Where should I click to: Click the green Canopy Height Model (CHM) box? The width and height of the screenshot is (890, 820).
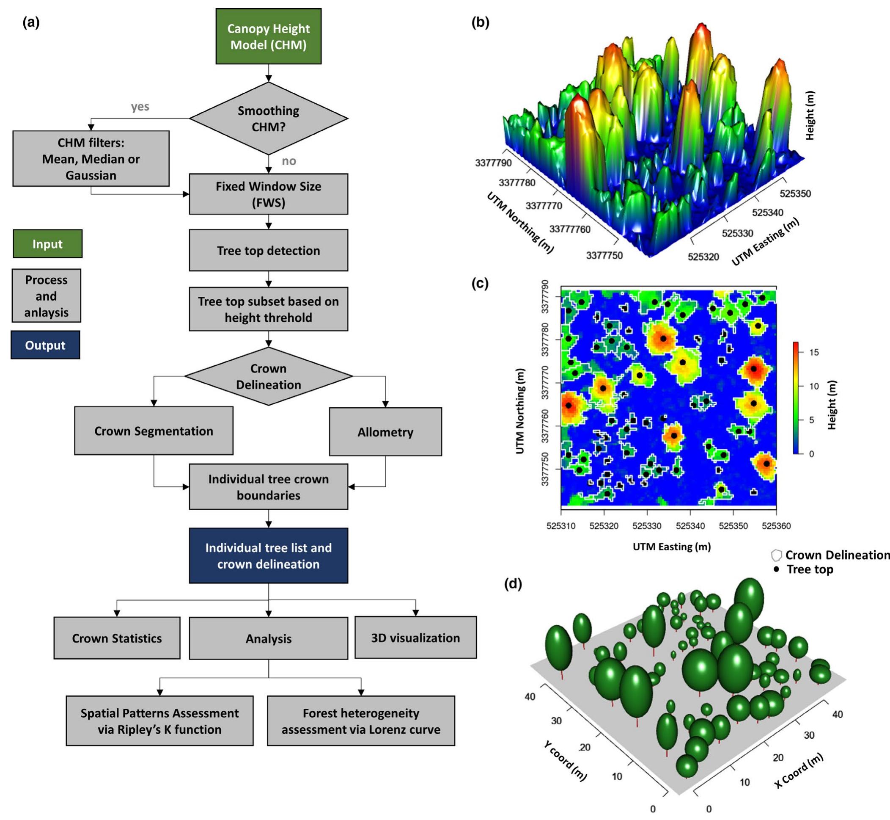(x=268, y=36)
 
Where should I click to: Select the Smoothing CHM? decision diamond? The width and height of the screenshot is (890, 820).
(x=268, y=119)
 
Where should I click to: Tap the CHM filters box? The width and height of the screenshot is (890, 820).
(x=91, y=158)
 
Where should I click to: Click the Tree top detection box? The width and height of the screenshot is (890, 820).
(x=268, y=250)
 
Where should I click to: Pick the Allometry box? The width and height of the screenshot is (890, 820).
(x=385, y=432)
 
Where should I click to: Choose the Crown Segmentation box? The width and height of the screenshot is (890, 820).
(x=154, y=431)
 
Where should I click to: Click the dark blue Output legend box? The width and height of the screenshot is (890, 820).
(x=45, y=345)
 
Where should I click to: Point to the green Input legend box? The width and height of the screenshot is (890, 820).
(x=47, y=243)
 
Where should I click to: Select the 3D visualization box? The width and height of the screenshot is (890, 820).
(x=415, y=638)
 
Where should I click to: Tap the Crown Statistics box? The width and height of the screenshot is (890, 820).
(x=117, y=638)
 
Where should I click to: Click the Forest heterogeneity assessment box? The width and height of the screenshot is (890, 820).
(x=361, y=721)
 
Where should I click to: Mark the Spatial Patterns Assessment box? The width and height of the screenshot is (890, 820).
(x=159, y=721)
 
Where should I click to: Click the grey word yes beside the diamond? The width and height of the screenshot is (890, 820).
(x=140, y=107)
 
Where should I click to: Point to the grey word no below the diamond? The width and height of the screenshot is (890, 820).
(x=288, y=160)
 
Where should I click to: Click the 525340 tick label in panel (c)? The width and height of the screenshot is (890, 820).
(x=690, y=526)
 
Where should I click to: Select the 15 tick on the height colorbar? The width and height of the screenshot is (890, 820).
(x=814, y=352)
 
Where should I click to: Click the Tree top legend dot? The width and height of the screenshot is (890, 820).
(x=776, y=569)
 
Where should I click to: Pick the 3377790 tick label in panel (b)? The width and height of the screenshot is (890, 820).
(x=493, y=163)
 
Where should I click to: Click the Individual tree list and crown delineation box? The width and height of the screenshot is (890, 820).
(x=268, y=555)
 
